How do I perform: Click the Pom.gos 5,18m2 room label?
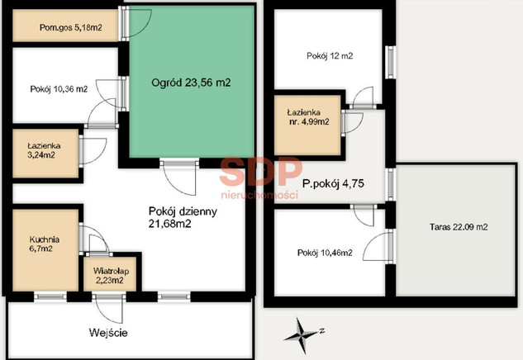pos(71,27)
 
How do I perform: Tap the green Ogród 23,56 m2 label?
pos(191,83)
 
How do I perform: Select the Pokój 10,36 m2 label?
pos(59,89)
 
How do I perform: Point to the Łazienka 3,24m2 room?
pos(46,154)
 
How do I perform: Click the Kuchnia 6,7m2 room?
pos(45,250)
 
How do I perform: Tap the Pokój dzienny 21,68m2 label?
pos(183,217)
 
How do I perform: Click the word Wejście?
pos(108,333)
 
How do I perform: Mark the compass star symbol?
pos(300,335)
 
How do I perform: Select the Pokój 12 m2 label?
pos(330,55)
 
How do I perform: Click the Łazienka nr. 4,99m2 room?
pos(307,126)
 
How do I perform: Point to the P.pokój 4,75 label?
pos(333,183)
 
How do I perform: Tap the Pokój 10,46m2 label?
pos(325,253)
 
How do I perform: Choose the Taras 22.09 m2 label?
pos(459,227)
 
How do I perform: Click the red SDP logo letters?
pos(261,172)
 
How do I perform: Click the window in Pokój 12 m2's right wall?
pos(390,62)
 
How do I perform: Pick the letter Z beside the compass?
pos(322,330)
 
